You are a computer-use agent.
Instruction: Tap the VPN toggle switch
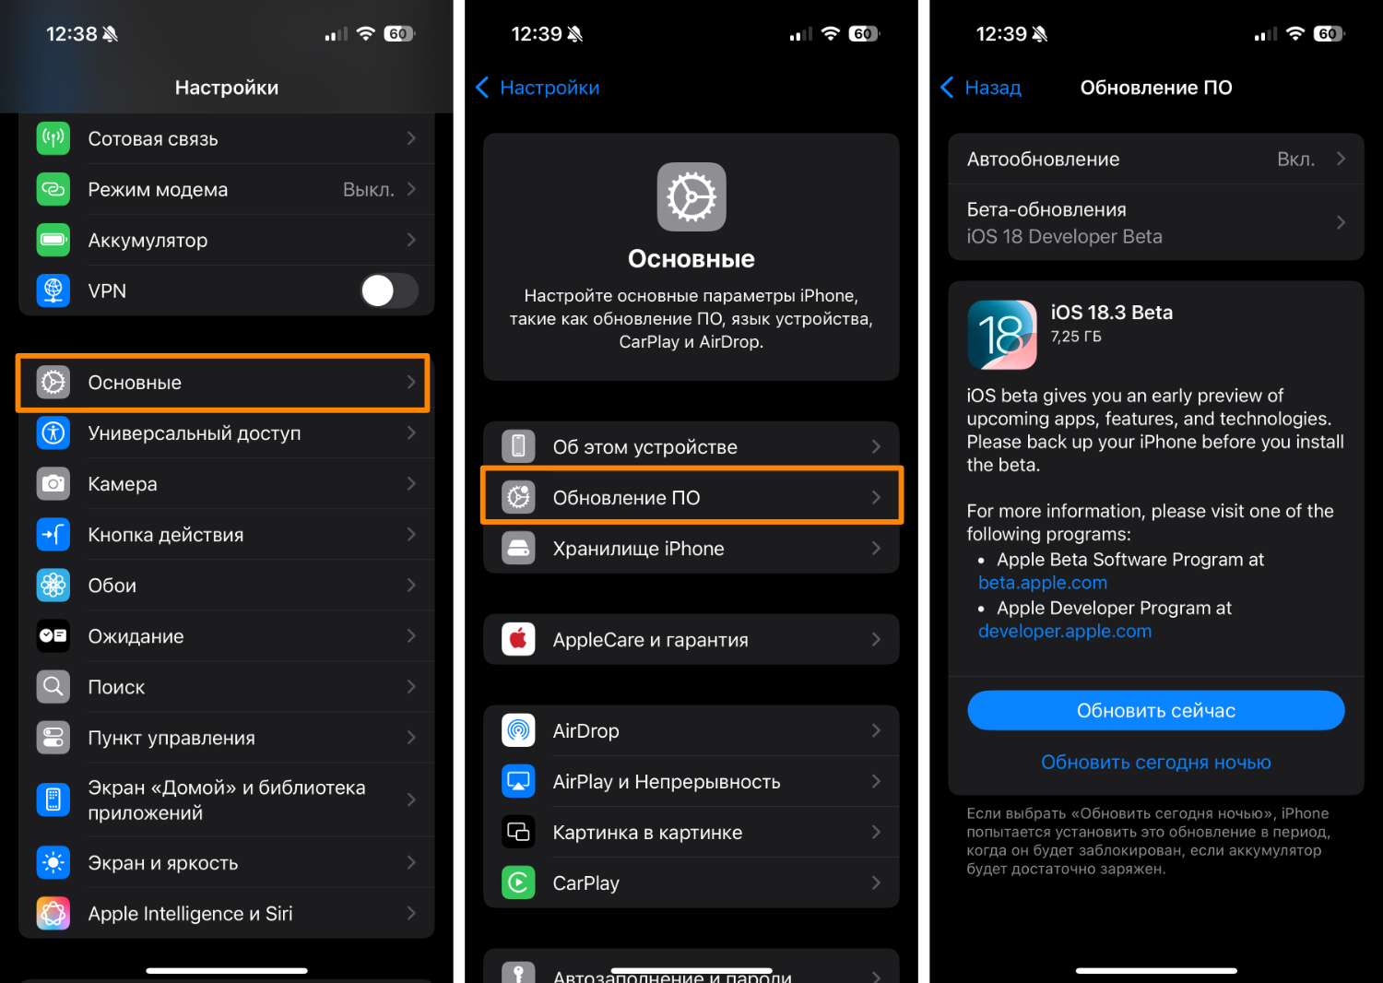(389, 290)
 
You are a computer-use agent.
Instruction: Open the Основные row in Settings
(222, 382)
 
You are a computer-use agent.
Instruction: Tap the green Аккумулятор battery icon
(53, 240)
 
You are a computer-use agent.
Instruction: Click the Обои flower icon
(53, 586)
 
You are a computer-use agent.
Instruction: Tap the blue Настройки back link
(538, 88)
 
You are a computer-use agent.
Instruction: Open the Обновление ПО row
(691, 497)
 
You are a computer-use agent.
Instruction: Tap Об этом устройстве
(691, 446)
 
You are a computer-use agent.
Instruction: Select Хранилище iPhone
(691, 549)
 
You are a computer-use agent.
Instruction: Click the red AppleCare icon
(518, 639)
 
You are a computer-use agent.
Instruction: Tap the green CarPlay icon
(518, 883)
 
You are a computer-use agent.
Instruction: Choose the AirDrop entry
(691, 730)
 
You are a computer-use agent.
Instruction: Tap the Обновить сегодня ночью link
(1156, 762)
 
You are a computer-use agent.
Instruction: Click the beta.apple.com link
(1043, 582)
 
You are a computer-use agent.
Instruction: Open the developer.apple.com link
(1065, 631)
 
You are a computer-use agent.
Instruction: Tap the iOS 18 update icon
(1002, 335)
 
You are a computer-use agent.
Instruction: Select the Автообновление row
(1156, 159)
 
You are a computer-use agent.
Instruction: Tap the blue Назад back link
(980, 88)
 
